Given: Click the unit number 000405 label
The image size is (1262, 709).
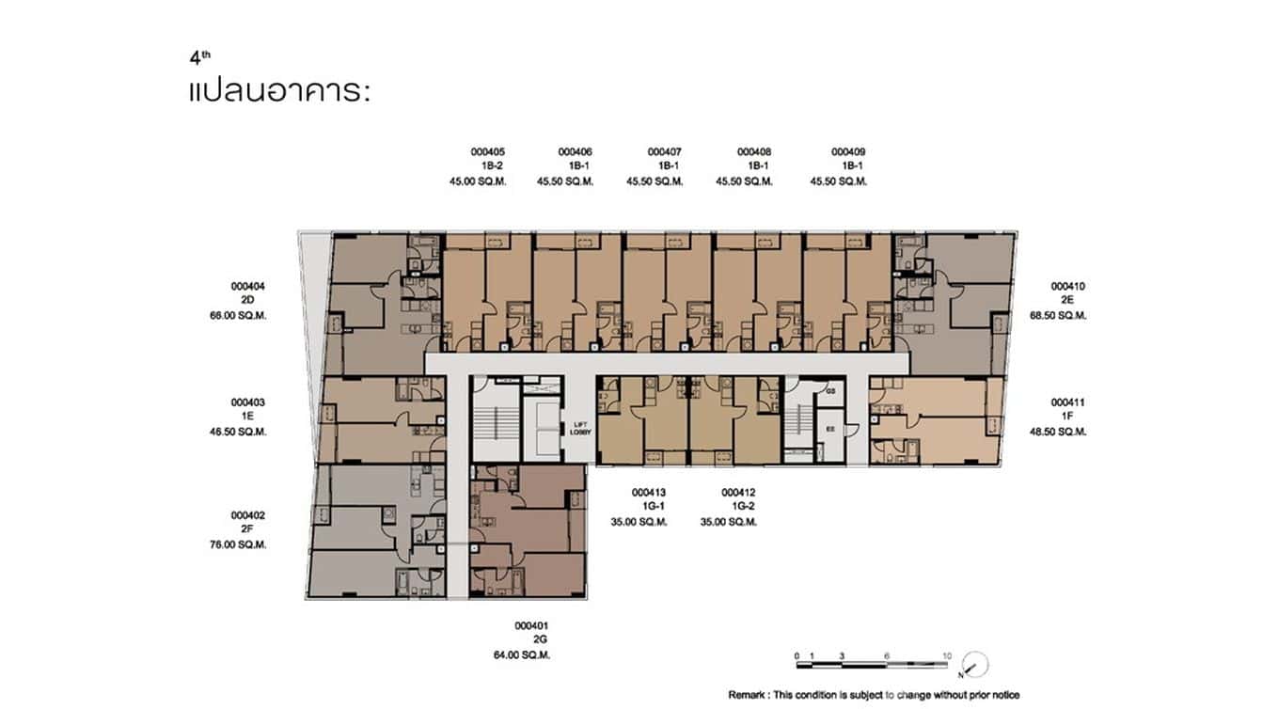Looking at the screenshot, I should [x=488, y=151].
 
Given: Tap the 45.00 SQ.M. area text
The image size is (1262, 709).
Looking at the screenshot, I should [x=479, y=181].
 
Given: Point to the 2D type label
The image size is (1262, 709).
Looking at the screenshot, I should [x=248, y=301].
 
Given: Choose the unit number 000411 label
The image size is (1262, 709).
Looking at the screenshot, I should [x=1068, y=402].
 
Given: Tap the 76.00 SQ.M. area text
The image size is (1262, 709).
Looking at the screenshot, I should [x=239, y=544].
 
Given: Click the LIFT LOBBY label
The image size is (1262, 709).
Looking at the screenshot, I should [x=581, y=428].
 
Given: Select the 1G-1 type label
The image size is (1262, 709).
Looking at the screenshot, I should [x=650, y=507].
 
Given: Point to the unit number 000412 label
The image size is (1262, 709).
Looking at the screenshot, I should [x=738, y=492].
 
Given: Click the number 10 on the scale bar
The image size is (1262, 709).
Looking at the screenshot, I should [x=946, y=655].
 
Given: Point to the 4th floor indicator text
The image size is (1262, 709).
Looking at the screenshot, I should [x=199, y=57].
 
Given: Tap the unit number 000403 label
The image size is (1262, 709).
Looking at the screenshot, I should [x=248, y=402].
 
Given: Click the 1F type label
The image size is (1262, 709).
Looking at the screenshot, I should [x=1068, y=417].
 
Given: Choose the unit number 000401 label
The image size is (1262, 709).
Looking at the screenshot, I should [x=531, y=625].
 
